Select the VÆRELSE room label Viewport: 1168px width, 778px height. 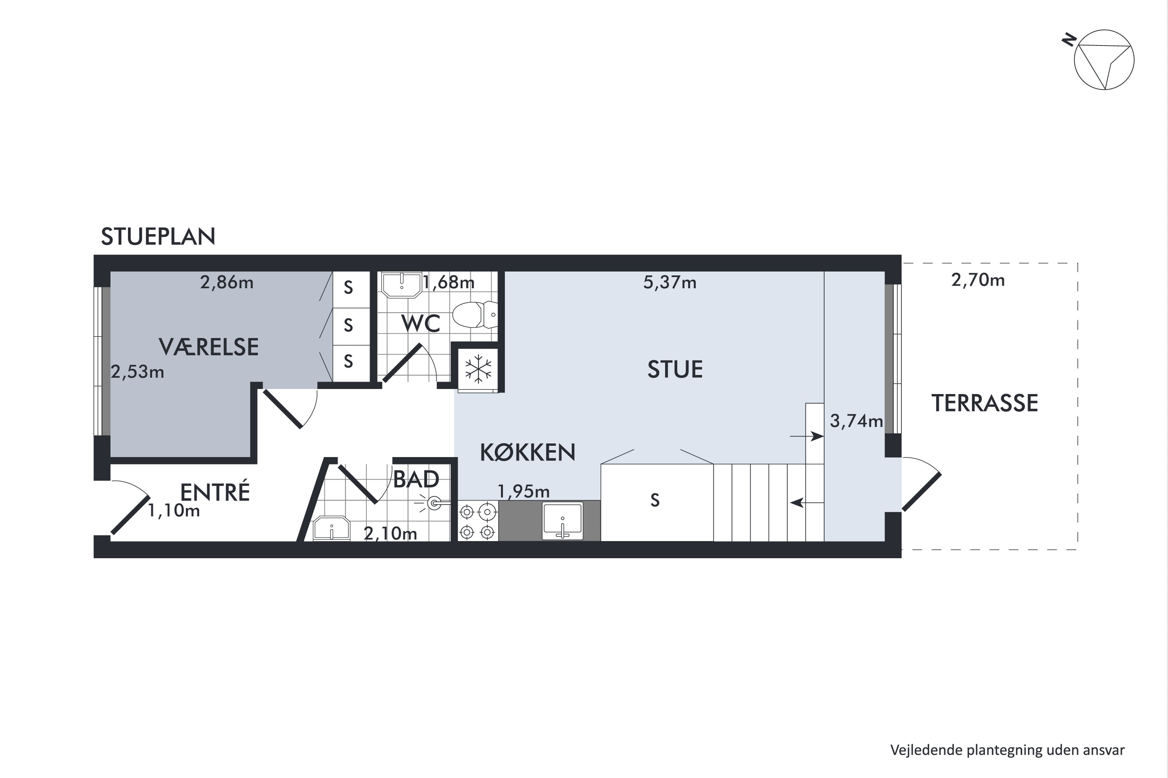pos(209,347)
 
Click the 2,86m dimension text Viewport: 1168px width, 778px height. pos(227,283)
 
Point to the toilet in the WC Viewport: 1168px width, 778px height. pos(474,315)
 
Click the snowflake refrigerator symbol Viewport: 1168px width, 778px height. pos(478,369)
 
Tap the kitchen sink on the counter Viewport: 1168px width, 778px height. pos(562,521)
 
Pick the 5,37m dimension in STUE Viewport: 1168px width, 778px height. pos(669,283)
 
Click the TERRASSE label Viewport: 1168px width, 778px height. pos(984,403)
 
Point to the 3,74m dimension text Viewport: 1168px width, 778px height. pos(856,421)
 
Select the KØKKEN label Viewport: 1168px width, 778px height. pos(528,452)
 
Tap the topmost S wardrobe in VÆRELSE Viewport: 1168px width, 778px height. pos(348,288)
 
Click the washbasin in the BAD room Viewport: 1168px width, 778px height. pos(331,528)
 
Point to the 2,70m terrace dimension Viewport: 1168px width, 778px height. pos(978,280)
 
